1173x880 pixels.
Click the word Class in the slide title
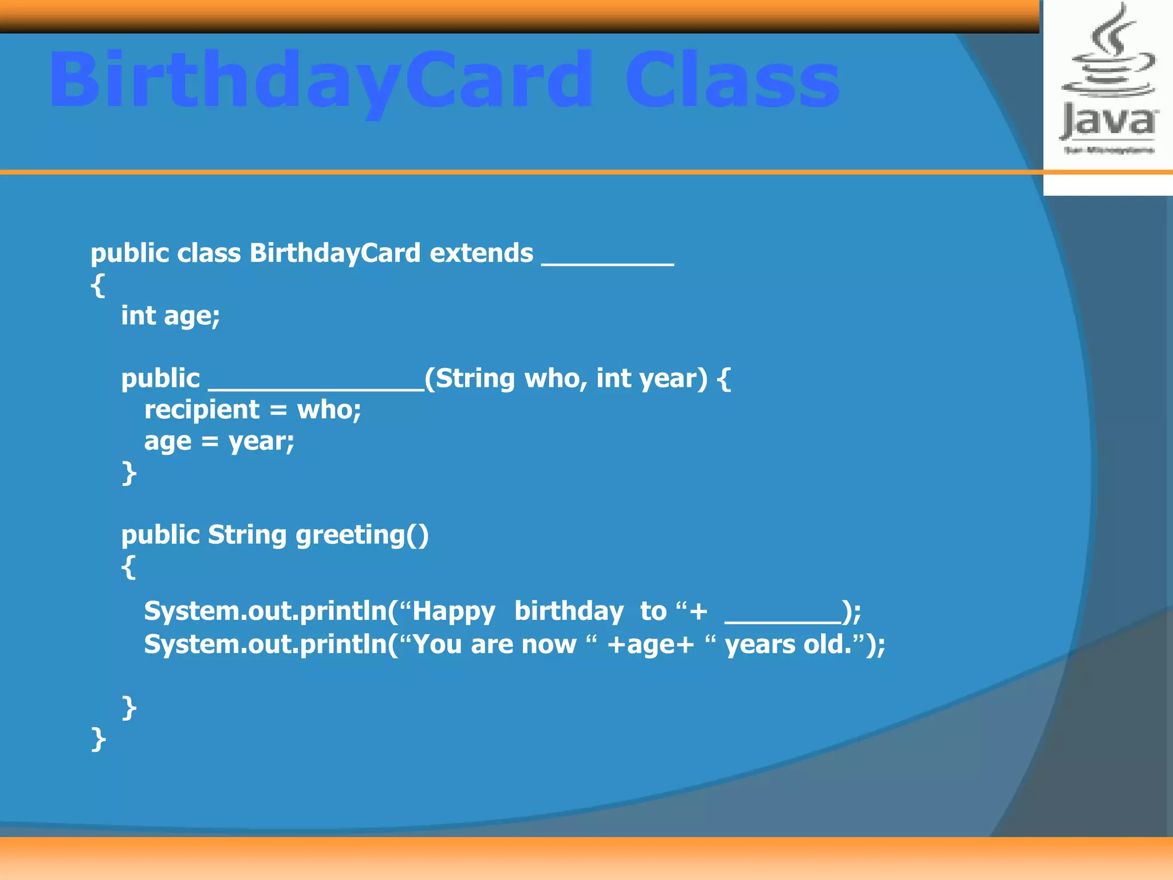click(732, 80)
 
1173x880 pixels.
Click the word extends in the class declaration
click(481, 253)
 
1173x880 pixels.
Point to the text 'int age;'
click(170, 316)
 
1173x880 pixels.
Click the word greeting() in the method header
click(362, 535)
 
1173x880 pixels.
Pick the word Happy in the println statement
click(454, 612)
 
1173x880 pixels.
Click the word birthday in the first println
click(569, 612)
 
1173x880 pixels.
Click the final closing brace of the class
click(99, 739)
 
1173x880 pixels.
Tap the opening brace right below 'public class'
click(98, 285)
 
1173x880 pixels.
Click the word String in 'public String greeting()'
click(247, 535)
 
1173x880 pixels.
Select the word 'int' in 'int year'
click(614, 379)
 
